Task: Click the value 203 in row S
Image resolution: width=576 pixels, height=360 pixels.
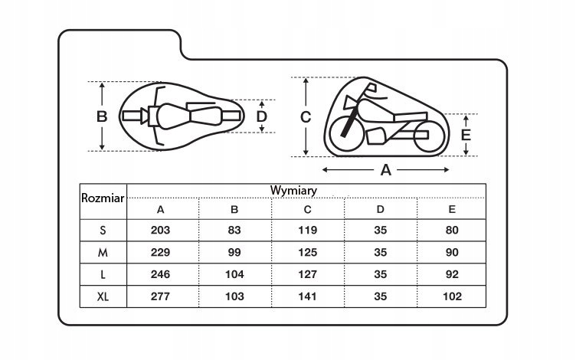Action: coord(160,230)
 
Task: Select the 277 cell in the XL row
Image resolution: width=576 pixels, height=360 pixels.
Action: coord(160,296)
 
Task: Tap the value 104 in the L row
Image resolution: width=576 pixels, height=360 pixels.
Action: coord(234,274)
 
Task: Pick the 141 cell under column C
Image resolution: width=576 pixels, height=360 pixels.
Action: coord(307,296)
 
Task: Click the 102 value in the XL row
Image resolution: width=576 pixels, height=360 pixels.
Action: coord(452,296)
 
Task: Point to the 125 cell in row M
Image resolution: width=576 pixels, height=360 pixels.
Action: coord(307,252)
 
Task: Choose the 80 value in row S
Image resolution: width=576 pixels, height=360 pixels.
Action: coord(452,230)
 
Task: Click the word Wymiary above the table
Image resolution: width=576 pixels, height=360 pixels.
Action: coord(293,191)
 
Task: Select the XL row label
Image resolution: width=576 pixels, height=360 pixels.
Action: coord(103,296)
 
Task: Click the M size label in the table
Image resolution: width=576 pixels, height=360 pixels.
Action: coord(103,252)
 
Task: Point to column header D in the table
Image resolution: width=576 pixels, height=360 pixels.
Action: coord(380,209)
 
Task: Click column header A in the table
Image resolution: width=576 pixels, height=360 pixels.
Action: coord(160,209)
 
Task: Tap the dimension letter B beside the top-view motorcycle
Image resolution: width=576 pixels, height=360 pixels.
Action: coord(102,116)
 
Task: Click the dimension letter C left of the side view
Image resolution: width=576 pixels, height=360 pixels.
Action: coord(306,117)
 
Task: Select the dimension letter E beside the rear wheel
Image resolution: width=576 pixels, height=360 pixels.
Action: coord(466,135)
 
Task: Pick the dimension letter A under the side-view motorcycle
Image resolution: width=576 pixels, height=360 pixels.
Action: coord(386,170)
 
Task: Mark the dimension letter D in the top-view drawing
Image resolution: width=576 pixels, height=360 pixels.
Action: coord(261,116)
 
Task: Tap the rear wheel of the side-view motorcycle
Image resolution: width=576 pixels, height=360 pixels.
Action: coord(429,136)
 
